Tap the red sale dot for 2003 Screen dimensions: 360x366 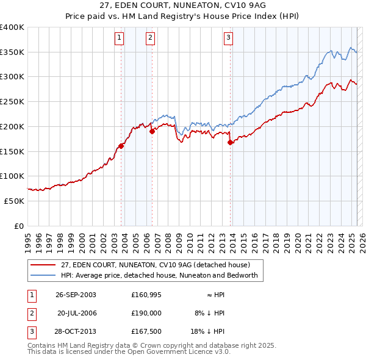(x=121, y=146)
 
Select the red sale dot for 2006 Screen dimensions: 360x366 (x=152, y=131)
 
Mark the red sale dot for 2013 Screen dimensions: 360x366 (x=231, y=143)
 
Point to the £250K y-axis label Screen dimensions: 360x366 (x=12, y=101)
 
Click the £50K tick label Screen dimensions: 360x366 (x=15, y=201)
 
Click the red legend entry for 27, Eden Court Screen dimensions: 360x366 (x=155, y=265)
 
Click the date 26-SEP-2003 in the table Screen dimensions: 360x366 (x=76, y=294)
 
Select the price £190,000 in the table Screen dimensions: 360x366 (x=146, y=312)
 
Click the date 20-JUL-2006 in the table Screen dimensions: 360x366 (x=77, y=312)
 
